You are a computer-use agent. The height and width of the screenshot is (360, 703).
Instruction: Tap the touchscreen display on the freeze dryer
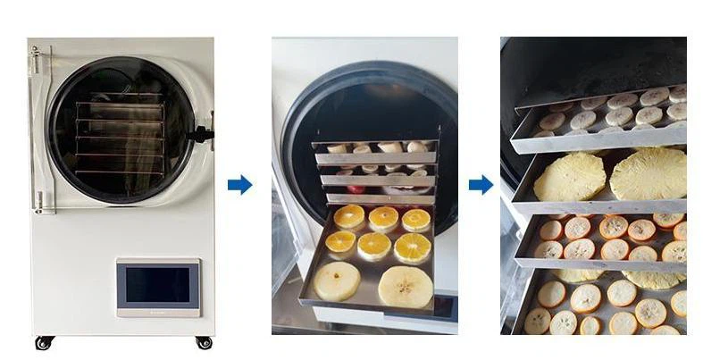[x=157, y=285]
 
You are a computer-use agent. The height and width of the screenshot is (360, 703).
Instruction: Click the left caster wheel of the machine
[x=41, y=343]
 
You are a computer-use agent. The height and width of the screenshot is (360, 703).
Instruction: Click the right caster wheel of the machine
[x=204, y=342]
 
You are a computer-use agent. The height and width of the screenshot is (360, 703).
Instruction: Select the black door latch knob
[x=205, y=135]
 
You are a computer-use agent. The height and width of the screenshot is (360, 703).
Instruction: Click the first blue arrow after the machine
[x=239, y=185]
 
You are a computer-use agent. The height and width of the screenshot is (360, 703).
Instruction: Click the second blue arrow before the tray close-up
[x=481, y=185]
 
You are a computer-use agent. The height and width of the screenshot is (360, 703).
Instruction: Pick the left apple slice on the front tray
[x=338, y=280]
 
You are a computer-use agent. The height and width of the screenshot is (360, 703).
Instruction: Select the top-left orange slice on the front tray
[x=349, y=216]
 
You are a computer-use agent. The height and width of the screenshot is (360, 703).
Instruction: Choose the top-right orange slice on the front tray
[x=415, y=220]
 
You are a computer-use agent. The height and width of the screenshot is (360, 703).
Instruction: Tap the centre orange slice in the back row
[x=384, y=218]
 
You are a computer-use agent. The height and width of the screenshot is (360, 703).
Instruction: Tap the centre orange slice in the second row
[x=374, y=245]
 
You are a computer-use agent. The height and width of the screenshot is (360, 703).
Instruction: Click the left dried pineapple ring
[x=569, y=176]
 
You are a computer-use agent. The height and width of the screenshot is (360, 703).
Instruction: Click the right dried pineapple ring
[x=648, y=172]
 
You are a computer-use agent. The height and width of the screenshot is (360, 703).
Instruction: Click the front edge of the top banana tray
[x=598, y=139]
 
